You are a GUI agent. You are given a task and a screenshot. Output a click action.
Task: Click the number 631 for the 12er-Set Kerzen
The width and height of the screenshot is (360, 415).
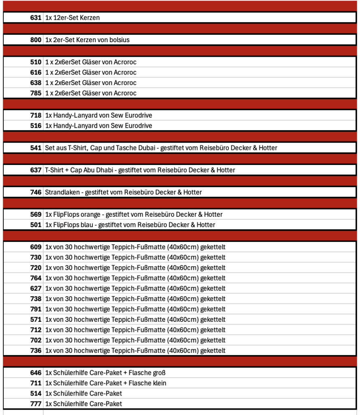pyautogui.click(x=36, y=18)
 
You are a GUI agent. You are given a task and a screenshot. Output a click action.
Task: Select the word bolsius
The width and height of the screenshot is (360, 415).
pyautogui.click(x=119, y=40)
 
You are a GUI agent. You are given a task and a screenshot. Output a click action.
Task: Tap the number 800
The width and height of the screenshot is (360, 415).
pyautogui.click(x=36, y=40)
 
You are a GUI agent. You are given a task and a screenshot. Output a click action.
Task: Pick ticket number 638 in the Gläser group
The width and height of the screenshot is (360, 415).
pyautogui.click(x=36, y=83)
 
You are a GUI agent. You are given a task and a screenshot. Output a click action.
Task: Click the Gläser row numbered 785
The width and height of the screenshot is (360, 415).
pyautogui.click(x=36, y=93)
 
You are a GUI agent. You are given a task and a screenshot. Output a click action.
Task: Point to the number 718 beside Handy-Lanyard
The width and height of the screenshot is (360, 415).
pyautogui.click(x=36, y=116)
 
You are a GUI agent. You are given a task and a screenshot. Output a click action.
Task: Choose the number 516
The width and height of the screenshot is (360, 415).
pyautogui.click(x=36, y=126)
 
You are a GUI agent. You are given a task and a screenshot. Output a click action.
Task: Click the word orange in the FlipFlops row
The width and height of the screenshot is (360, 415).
pyautogui.click(x=82, y=214)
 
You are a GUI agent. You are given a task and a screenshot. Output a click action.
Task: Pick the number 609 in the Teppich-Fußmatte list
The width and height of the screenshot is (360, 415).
pyautogui.click(x=36, y=247)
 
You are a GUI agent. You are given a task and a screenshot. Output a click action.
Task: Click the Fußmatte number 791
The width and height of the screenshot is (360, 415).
pyautogui.click(x=36, y=309)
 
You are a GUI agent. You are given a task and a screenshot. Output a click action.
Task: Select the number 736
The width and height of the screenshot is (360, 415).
pyautogui.click(x=36, y=351)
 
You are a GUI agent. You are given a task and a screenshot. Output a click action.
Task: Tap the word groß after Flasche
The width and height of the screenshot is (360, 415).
pyautogui.click(x=158, y=373)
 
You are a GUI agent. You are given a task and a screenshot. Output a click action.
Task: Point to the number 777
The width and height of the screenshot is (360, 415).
pyautogui.click(x=36, y=404)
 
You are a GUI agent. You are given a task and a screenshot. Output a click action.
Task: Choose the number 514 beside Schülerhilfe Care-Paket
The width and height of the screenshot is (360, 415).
pyautogui.click(x=36, y=394)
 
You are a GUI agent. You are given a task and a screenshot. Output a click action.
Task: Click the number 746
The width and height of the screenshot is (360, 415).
pyautogui.click(x=36, y=192)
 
